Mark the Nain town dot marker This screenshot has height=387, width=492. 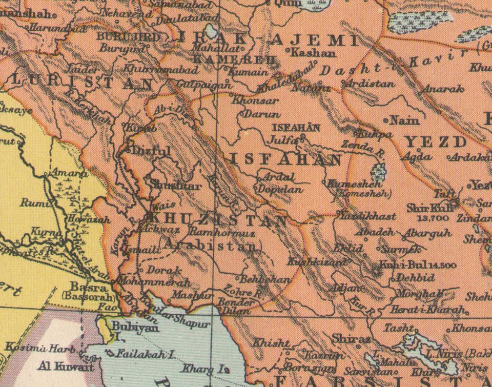coord(385,120)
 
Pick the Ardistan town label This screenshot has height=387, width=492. coord(371,84)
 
